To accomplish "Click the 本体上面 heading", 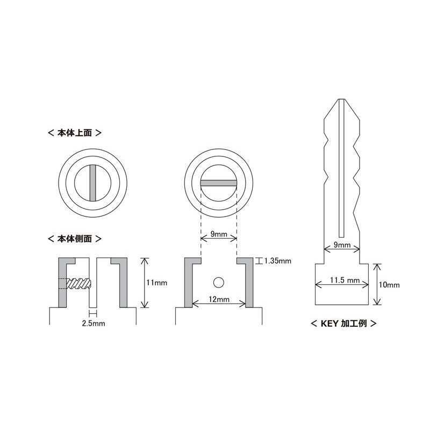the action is (x=75, y=133).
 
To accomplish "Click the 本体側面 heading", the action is (x=75, y=239).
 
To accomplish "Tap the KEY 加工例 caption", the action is (x=343, y=324).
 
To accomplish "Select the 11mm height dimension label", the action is (x=156, y=283).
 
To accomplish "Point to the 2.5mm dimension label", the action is (x=94, y=324).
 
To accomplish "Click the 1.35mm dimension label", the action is (x=277, y=261).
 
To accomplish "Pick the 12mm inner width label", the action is (x=219, y=299).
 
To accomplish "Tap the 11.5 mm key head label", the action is (x=345, y=280).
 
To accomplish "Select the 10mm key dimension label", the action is (x=389, y=285).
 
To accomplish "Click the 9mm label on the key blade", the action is (x=342, y=245).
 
